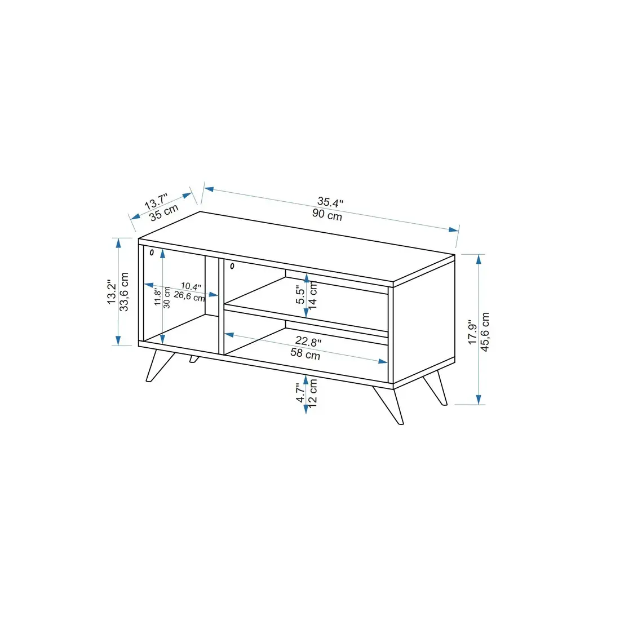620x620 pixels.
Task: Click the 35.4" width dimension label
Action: click(330, 202)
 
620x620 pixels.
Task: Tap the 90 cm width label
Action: click(327, 215)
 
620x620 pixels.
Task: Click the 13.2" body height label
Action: click(112, 293)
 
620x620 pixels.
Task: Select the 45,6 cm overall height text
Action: click(485, 331)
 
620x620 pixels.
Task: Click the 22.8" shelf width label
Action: click(308, 342)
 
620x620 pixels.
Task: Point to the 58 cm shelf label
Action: click(305, 355)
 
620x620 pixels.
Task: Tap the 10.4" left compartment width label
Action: click(191, 286)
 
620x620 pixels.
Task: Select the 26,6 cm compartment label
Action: click(189, 296)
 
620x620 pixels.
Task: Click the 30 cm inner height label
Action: click(167, 297)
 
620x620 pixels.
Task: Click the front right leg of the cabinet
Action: click(389, 404)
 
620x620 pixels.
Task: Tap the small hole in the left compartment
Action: click(152, 253)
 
